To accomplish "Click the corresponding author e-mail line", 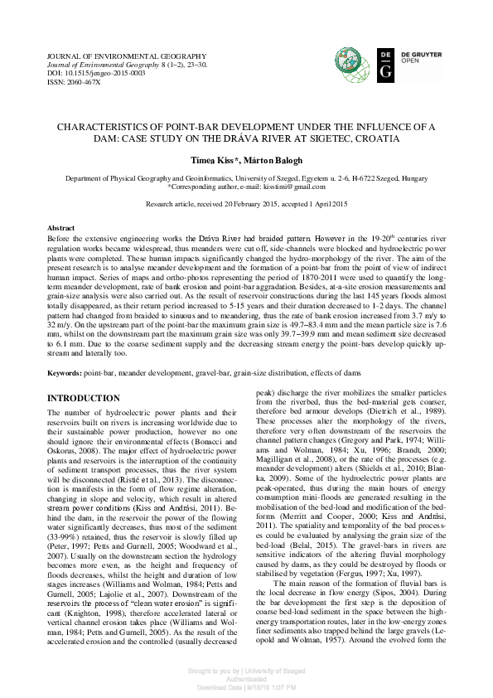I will [246, 187].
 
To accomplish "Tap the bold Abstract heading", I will [62, 226].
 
